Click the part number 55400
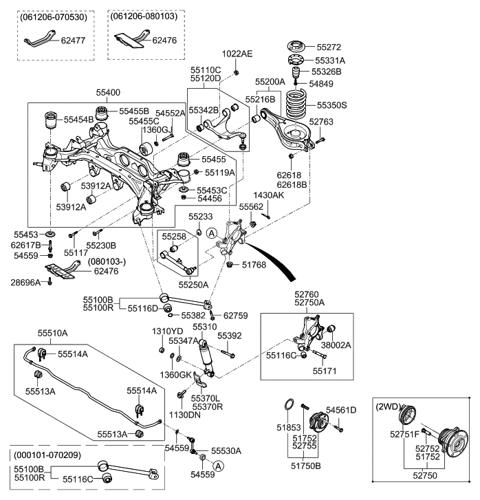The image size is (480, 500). (x=108, y=91)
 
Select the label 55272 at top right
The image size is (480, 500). (x=330, y=48)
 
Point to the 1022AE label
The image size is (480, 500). (x=237, y=54)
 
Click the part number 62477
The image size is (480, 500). (x=73, y=41)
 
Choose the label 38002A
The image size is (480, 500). (x=336, y=345)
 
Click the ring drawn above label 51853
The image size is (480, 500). (x=290, y=404)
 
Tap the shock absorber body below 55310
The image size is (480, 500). (x=205, y=357)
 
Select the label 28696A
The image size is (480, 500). (x=25, y=283)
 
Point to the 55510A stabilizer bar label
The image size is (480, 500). (x=52, y=332)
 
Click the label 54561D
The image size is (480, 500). (x=341, y=410)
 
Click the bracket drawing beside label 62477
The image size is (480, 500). (x=34, y=43)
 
